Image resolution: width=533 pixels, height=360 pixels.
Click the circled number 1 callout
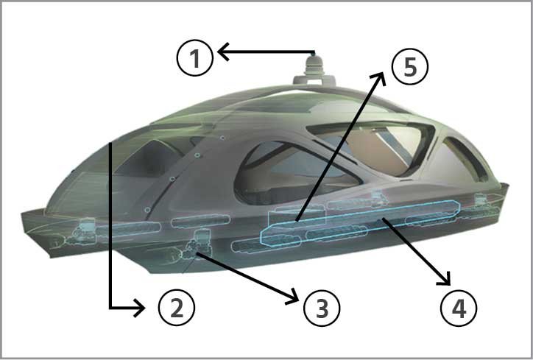click(x=195, y=57)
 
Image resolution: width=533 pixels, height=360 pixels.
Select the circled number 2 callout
click(x=177, y=308)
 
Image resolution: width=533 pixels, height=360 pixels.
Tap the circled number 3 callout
click(x=322, y=308)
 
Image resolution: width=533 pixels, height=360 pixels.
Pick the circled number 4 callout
click(x=459, y=308)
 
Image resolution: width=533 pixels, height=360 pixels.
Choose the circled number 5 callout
click(x=410, y=66)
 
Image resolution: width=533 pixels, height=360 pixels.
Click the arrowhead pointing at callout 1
click(x=222, y=52)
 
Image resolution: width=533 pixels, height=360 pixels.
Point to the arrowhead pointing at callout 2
click(x=140, y=308)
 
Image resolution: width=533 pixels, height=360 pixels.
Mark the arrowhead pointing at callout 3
click(x=293, y=297)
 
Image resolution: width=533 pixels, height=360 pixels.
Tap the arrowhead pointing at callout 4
click(x=445, y=279)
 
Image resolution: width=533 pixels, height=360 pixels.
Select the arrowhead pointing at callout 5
click(x=380, y=78)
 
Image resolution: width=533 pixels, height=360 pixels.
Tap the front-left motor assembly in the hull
click(x=82, y=231)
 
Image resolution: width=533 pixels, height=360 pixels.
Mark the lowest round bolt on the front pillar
click(x=147, y=210)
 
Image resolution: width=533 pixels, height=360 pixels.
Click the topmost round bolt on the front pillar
click(x=222, y=138)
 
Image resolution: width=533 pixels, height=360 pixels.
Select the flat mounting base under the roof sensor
click(x=314, y=80)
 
